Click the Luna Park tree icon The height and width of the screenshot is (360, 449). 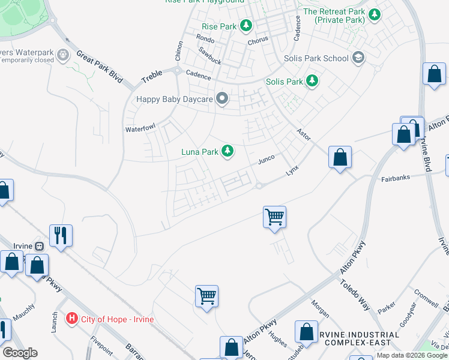pos(228,151)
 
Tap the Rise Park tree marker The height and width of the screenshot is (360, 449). pos(246,26)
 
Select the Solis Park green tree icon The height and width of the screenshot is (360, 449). pos(312,81)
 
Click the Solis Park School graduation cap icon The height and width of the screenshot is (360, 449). pos(358,58)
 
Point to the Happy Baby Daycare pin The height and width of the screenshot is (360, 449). pos(222,99)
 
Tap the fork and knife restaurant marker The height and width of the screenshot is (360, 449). pos(61,235)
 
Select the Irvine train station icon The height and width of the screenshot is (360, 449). pos(39,246)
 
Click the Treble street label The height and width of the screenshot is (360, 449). pos(152,76)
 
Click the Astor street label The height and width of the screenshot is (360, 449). pos(303,134)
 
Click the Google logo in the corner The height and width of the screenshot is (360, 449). pos(20,353)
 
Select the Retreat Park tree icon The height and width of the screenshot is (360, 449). pos(374,14)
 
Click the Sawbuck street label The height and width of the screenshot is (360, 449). pos(211,56)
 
